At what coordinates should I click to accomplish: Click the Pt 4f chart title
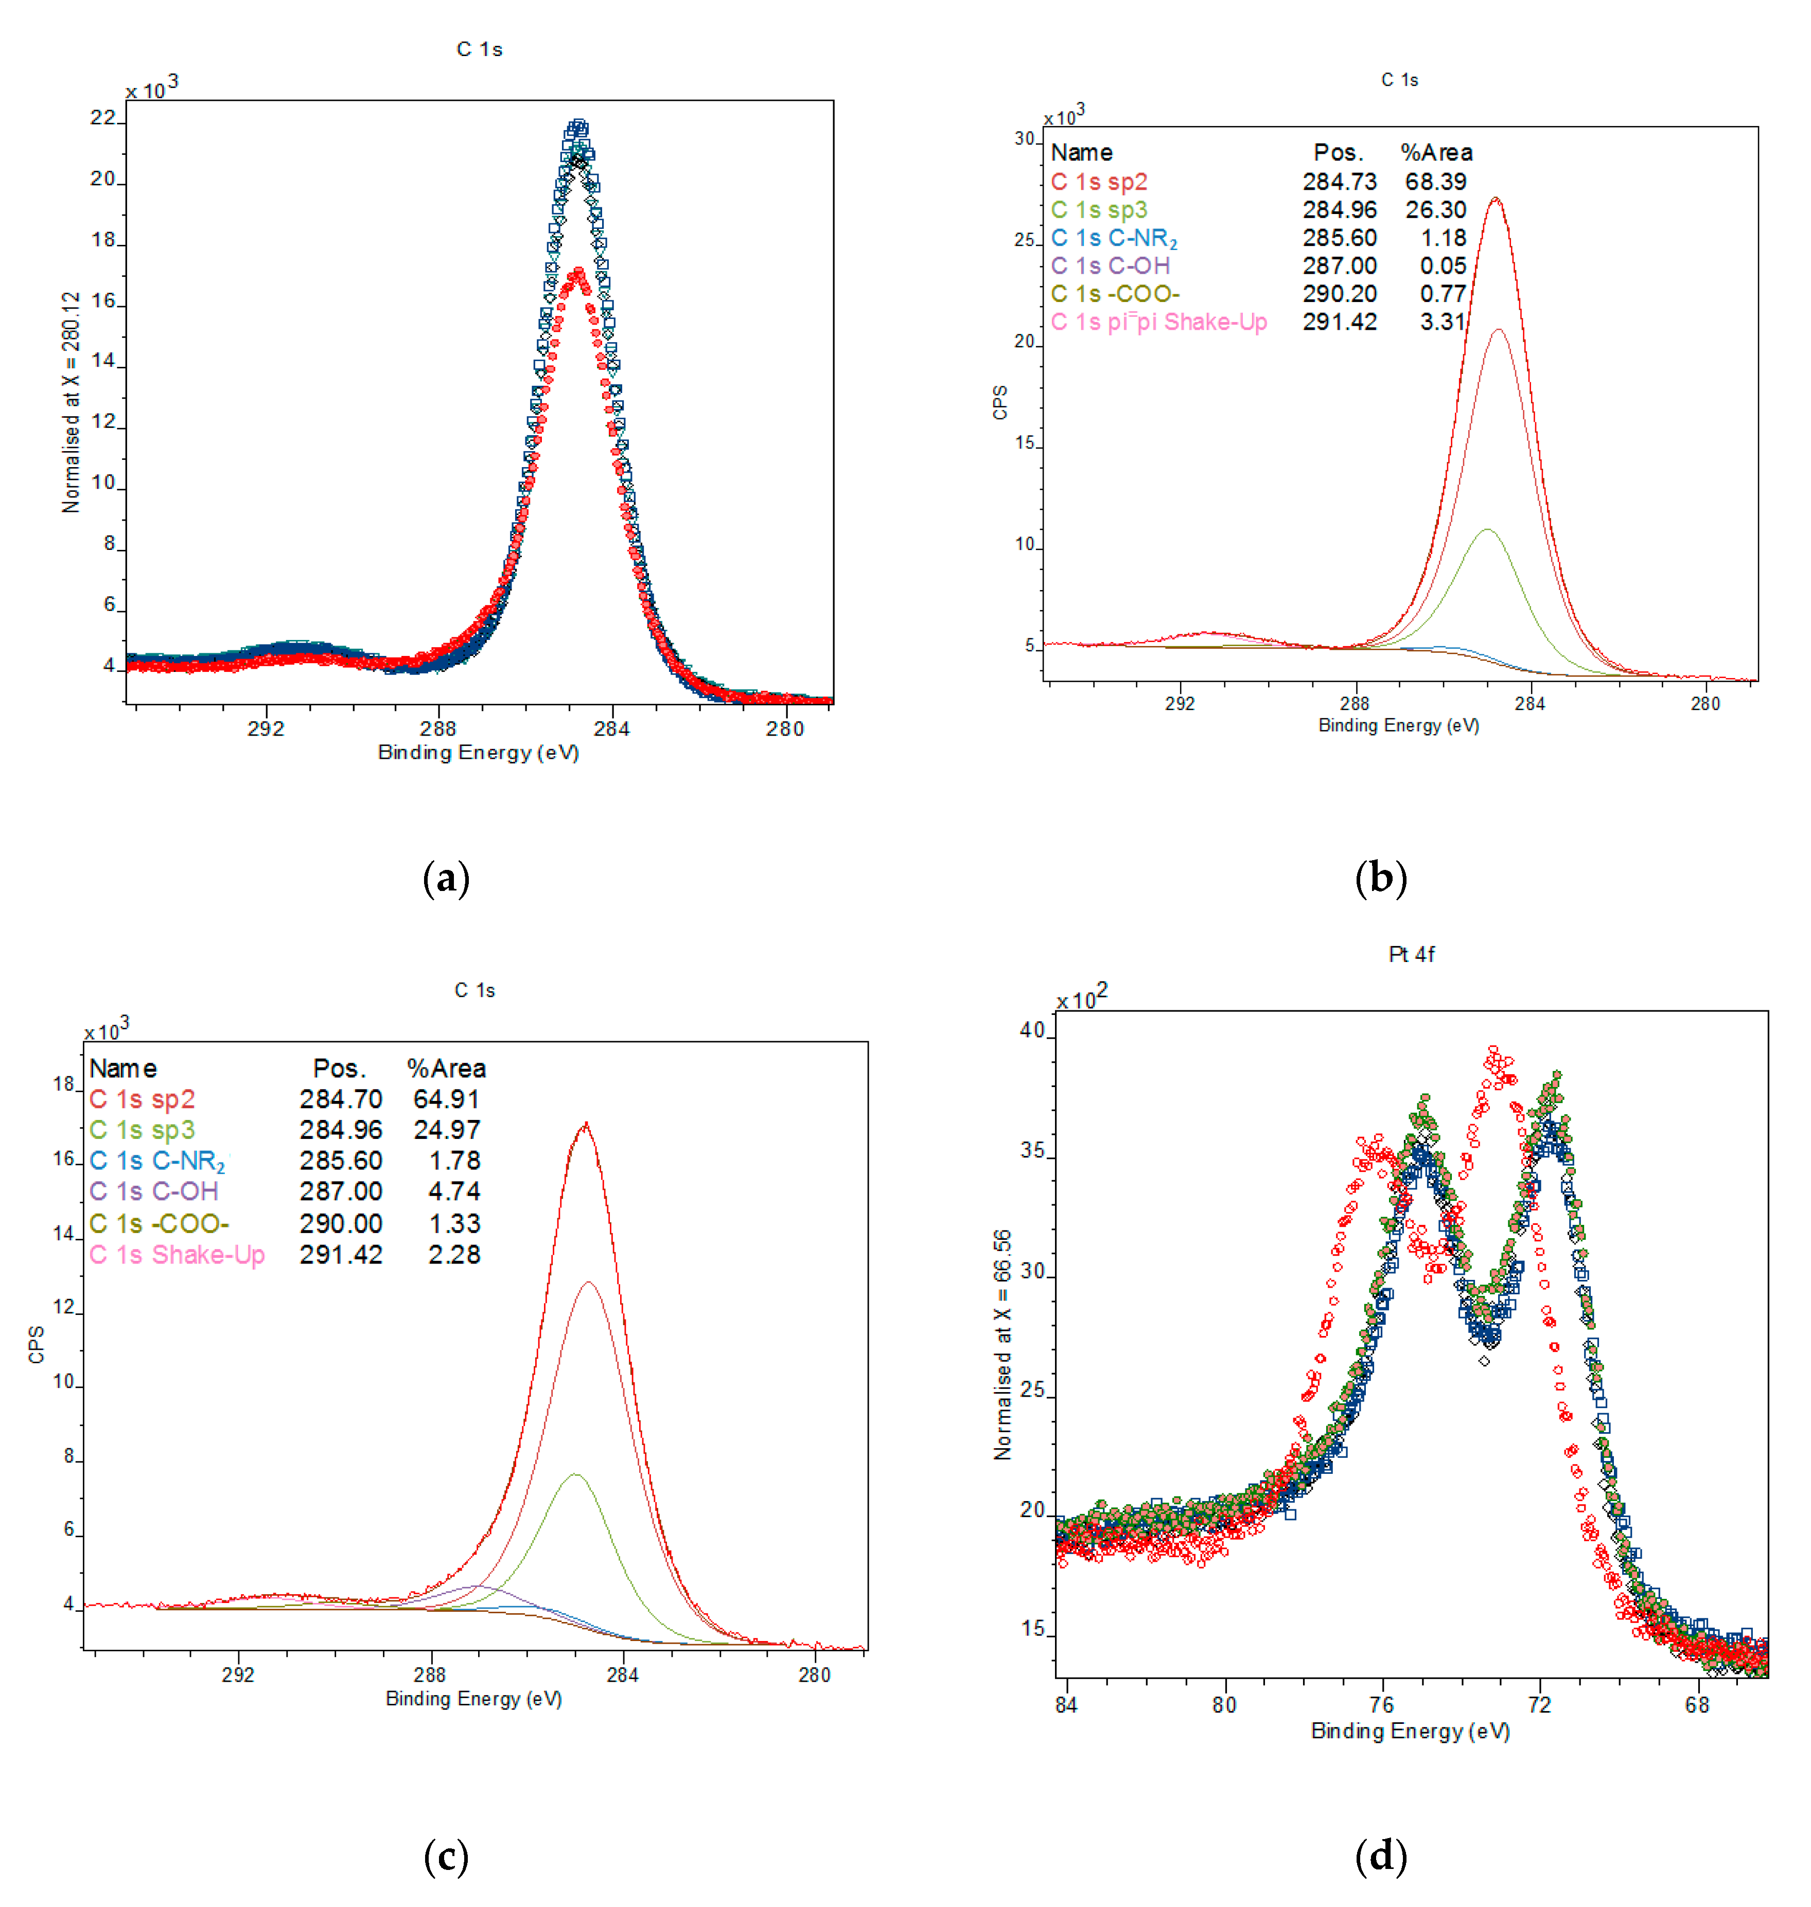(x=1411, y=954)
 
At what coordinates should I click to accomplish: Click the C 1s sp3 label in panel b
(x=1099, y=209)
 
